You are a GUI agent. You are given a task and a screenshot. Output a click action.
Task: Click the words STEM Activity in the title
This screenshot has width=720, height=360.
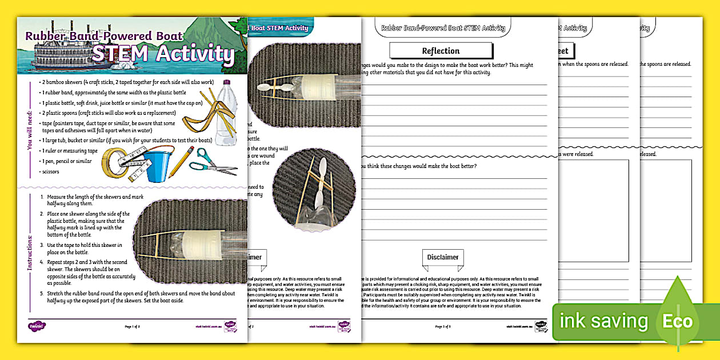[163, 54]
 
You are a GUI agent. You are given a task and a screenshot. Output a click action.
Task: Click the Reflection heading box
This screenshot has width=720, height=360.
[440, 51]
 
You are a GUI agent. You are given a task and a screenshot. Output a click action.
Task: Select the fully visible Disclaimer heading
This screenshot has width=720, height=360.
[443, 257]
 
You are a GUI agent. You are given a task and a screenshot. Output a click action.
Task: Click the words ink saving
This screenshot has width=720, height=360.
[604, 321]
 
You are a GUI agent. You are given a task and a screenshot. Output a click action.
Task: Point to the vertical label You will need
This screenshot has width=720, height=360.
[30, 130]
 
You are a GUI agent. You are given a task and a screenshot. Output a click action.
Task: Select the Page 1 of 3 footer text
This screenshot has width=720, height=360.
[132, 326]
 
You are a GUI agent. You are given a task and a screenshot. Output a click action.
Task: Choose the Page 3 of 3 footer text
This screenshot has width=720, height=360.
[443, 326]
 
